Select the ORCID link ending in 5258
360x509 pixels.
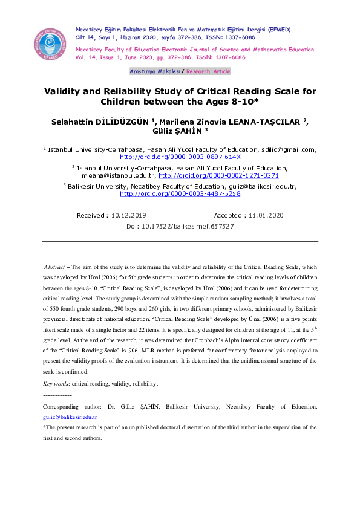click(x=180, y=194)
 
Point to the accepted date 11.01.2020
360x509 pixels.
click(x=266, y=215)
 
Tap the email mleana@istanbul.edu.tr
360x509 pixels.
click(x=119, y=175)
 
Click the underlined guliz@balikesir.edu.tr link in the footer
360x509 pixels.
click(x=70, y=417)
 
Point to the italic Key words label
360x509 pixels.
click(x=56, y=384)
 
